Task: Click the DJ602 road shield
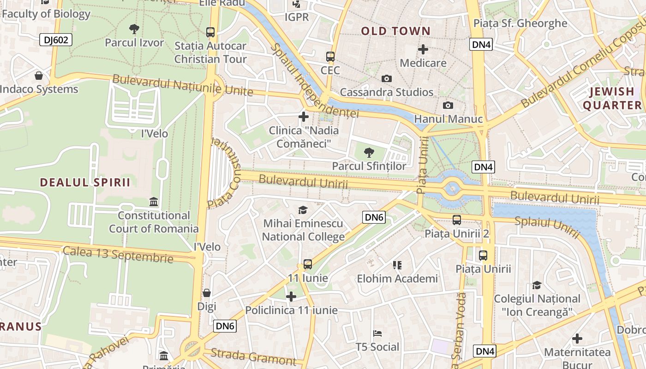(56, 40)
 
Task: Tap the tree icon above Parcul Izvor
(134, 30)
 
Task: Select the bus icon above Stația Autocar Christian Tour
(210, 32)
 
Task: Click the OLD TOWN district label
(395, 31)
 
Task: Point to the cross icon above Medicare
(423, 49)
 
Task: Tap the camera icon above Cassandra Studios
(387, 79)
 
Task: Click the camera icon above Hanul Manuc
(448, 106)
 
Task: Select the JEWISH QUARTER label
(612, 98)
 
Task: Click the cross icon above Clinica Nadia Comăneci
(304, 117)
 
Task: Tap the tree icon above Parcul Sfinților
(369, 152)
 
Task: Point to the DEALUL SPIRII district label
(85, 182)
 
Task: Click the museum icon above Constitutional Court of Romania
(154, 202)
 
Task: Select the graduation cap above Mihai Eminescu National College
(303, 210)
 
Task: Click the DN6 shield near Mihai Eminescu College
(374, 217)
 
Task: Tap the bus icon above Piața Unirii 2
(457, 220)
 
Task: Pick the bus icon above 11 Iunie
(308, 265)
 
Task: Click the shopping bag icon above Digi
(207, 293)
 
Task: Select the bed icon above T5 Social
(377, 333)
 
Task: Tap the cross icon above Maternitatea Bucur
(577, 339)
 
